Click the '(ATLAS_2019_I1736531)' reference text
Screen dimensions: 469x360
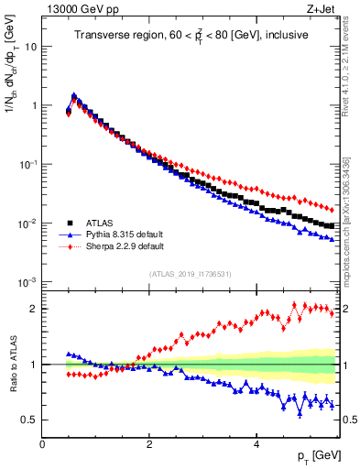click(190, 274)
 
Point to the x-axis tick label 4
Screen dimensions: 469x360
click(256, 444)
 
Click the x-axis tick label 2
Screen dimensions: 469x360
click(149, 444)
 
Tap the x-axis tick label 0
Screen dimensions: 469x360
click(42, 444)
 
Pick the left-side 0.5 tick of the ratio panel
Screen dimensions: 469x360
click(28, 420)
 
